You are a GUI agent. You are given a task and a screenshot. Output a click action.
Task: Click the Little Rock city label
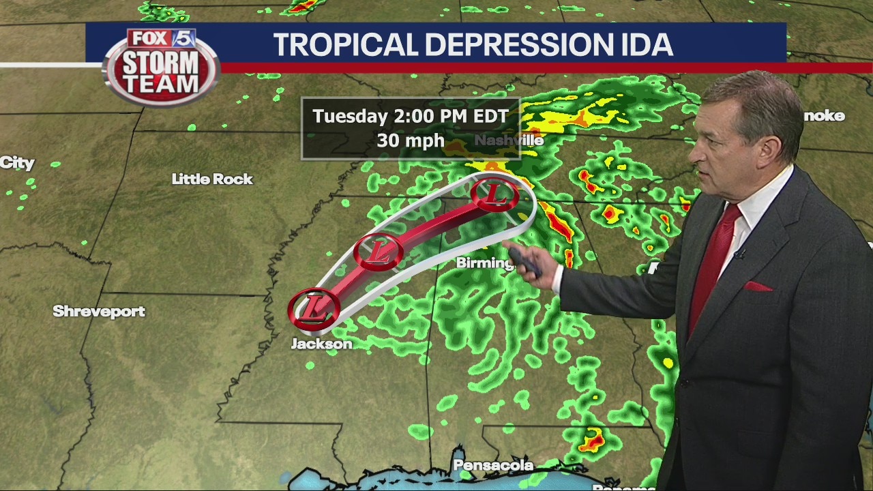(x=212, y=179)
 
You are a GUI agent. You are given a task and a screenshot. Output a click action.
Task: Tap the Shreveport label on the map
(x=99, y=312)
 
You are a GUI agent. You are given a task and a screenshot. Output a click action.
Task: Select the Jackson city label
(x=321, y=344)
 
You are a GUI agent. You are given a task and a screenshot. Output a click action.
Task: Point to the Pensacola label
(x=493, y=465)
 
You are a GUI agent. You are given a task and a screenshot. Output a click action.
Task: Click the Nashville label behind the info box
(x=509, y=140)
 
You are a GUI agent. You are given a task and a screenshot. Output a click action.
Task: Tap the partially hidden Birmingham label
(x=484, y=263)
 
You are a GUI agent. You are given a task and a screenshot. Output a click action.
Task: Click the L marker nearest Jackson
(x=314, y=308)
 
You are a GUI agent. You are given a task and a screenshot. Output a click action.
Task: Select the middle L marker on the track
(x=379, y=251)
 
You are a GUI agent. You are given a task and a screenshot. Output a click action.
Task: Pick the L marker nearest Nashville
(x=494, y=195)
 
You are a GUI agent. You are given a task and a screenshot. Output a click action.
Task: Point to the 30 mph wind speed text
(x=410, y=141)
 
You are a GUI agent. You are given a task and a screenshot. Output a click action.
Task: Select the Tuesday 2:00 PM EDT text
(x=411, y=116)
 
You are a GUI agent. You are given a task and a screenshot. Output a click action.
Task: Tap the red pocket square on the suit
(x=758, y=286)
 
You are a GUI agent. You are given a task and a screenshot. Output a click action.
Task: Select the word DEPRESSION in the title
(x=520, y=45)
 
